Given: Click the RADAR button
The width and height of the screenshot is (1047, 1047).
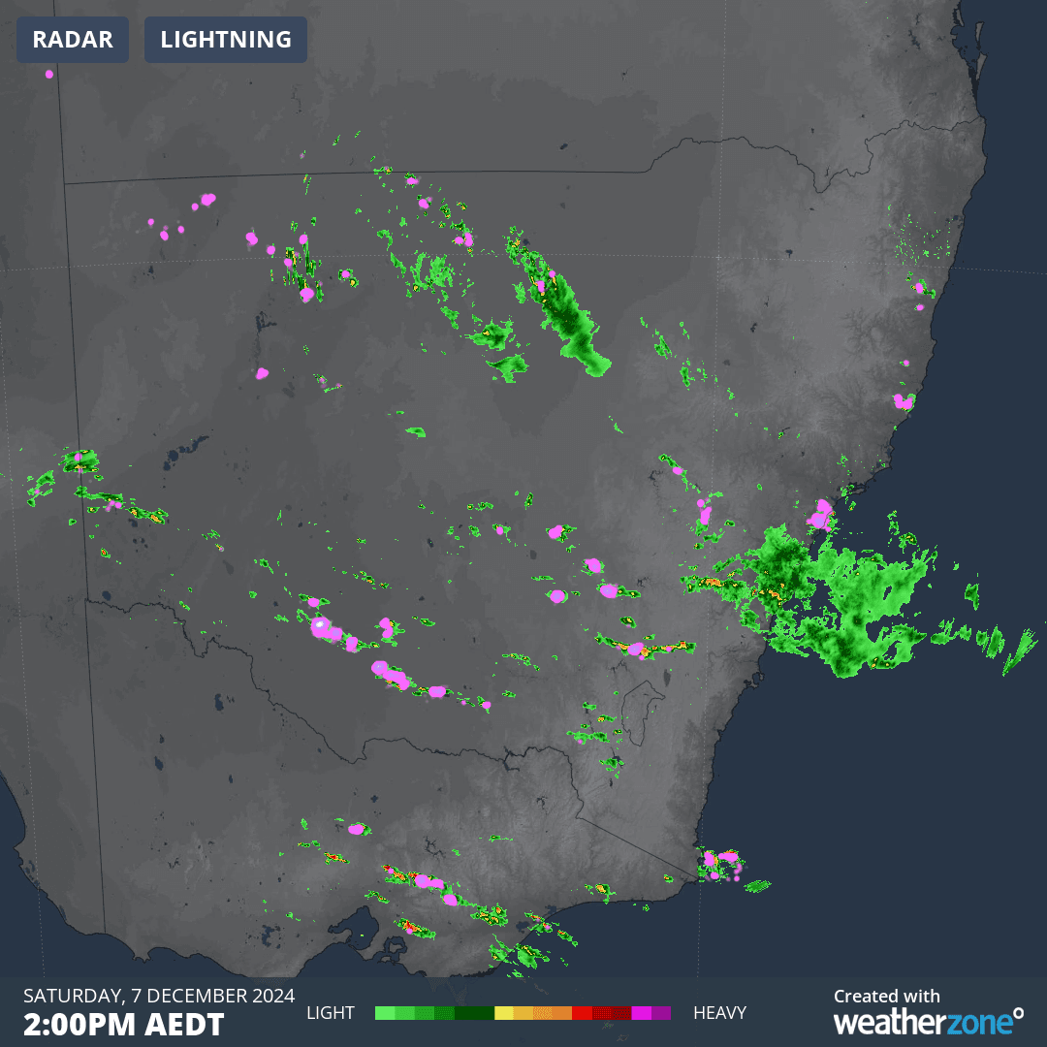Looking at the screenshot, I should pyautogui.click(x=73, y=40).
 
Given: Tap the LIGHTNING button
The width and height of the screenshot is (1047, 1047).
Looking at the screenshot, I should pyautogui.click(x=226, y=40).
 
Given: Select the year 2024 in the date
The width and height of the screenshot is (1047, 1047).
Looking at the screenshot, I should pyautogui.click(x=271, y=996).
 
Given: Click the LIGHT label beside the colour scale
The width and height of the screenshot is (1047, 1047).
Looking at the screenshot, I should pyautogui.click(x=332, y=1013).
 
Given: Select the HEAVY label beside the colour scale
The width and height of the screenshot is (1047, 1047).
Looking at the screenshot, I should pyautogui.click(x=719, y=1013).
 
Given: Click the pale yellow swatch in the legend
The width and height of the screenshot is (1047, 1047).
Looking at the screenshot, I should pyautogui.click(x=503, y=1013).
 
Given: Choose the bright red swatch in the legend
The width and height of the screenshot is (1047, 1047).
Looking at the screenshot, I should pyautogui.click(x=582, y=1013).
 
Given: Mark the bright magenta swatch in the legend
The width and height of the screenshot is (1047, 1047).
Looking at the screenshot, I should pyautogui.click(x=641, y=1013).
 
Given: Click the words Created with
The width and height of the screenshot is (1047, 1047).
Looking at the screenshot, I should pyautogui.click(x=886, y=996).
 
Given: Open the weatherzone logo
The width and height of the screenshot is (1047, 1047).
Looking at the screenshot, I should pyautogui.click(x=927, y=1022).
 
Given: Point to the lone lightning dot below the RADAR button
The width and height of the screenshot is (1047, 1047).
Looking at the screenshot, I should pyautogui.click(x=49, y=74).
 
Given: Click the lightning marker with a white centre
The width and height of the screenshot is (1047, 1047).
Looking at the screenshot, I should pyautogui.click(x=320, y=626).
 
